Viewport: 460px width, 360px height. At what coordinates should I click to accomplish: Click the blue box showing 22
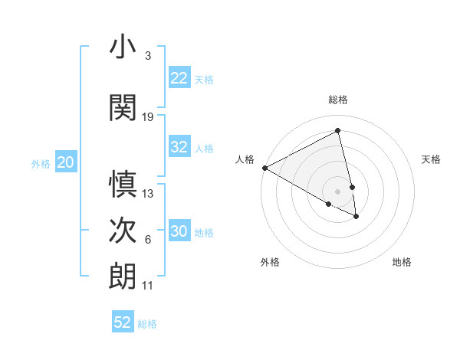(x=179, y=78)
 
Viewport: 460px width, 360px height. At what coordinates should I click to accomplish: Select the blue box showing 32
(x=179, y=147)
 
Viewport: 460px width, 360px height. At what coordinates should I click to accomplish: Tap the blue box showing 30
(x=179, y=231)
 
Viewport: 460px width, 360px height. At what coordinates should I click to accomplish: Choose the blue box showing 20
(x=66, y=162)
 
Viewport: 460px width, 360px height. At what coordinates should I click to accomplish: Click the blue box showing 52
(x=123, y=322)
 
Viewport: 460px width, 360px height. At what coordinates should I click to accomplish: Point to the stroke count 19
(x=148, y=117)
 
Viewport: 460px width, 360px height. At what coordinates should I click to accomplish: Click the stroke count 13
(x=148, y=194)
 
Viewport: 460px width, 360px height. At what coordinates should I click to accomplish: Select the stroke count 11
(x=148, y=286)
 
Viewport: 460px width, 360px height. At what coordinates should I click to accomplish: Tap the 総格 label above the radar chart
(x=338, y=100)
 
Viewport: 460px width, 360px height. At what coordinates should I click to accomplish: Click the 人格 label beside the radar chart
(x=245, y=159)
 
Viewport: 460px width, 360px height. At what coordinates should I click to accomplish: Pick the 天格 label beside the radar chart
(x=432, y=159)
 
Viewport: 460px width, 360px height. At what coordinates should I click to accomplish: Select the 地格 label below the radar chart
(x=402, y=262)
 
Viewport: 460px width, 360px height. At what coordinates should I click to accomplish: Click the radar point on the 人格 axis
(x=264, y=168)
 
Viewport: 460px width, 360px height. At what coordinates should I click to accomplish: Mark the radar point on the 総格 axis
(x=338, y=131)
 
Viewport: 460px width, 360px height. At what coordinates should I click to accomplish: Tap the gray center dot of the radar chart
(x=338, y=191)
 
